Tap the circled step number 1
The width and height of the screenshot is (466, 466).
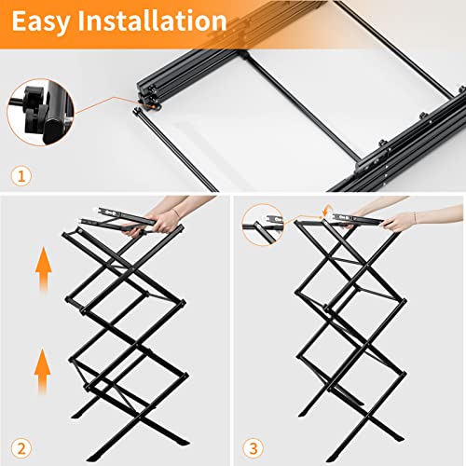click(21, 175)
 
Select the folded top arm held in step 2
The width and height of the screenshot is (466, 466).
click(112, 220)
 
